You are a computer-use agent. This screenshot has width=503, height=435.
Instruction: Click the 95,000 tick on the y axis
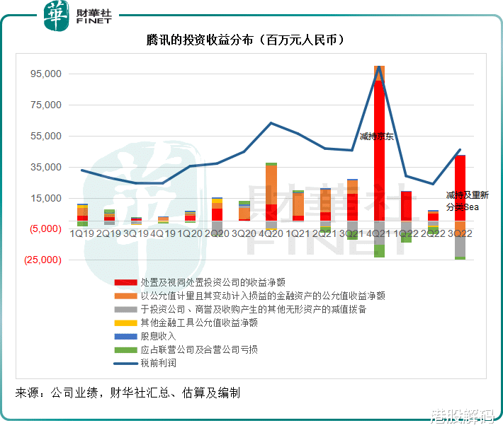click(46, 74)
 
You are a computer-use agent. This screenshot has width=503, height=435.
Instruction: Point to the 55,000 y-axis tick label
click(46, 136)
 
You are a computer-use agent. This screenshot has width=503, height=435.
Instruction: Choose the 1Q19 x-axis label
click(83, 233)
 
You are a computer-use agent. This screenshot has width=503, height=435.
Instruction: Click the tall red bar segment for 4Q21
click(379, 149)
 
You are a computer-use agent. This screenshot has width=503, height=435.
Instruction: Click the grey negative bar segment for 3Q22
click(460, 245)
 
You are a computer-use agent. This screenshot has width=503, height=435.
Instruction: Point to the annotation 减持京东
click(376, 136)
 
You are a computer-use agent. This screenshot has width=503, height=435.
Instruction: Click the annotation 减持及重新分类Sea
click(467, 201)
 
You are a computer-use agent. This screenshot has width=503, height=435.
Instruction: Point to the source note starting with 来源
click(128, 393)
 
